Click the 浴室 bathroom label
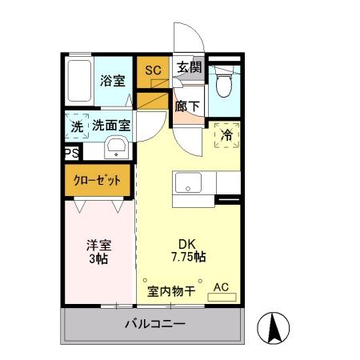112,80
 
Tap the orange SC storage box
152,70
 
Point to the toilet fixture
224,82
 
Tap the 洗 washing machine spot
76,126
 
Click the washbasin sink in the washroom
115,147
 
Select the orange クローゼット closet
98,181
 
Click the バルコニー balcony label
154,326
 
